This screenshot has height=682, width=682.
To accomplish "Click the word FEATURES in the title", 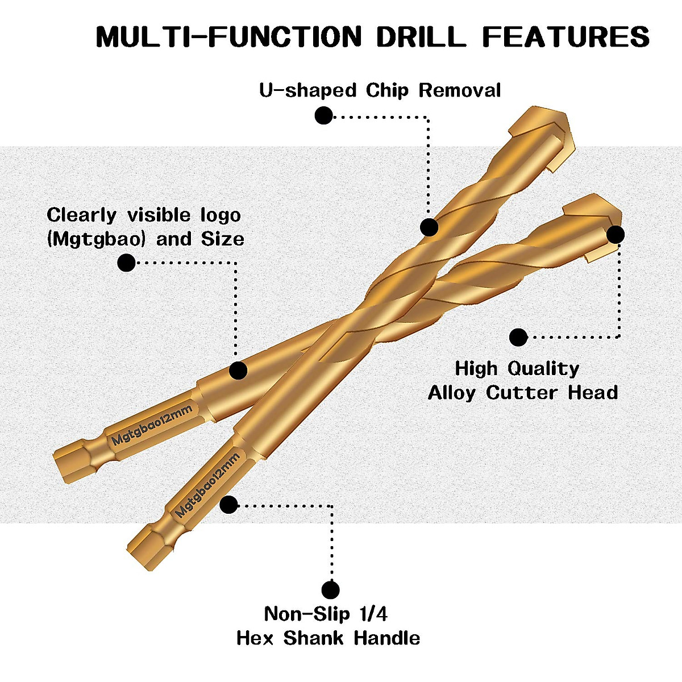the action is (565, 36).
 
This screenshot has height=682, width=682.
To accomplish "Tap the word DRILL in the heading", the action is (421, 36).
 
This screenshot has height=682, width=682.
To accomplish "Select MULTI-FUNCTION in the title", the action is (229, 36).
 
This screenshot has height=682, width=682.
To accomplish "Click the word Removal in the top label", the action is (460, 90).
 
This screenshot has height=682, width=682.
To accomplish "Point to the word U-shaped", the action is (307, 91).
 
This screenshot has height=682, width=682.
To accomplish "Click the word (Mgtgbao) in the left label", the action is (96, 240).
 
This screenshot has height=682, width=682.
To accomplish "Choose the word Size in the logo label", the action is (223, 239).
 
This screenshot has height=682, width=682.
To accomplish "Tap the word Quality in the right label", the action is (543, 369).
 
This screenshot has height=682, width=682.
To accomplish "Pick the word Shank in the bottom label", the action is (313, 638).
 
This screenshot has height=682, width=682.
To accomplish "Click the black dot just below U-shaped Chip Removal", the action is (323, 115).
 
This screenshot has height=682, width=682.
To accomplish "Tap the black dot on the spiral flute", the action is (429, 227).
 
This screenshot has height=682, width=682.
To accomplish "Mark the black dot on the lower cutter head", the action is (616, 235).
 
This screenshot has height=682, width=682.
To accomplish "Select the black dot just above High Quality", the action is (518, 337).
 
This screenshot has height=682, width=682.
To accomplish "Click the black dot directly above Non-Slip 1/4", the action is (331, 590).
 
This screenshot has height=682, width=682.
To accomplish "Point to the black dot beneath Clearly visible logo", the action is (126, 263).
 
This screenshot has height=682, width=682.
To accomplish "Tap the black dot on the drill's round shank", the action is (238, 371).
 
